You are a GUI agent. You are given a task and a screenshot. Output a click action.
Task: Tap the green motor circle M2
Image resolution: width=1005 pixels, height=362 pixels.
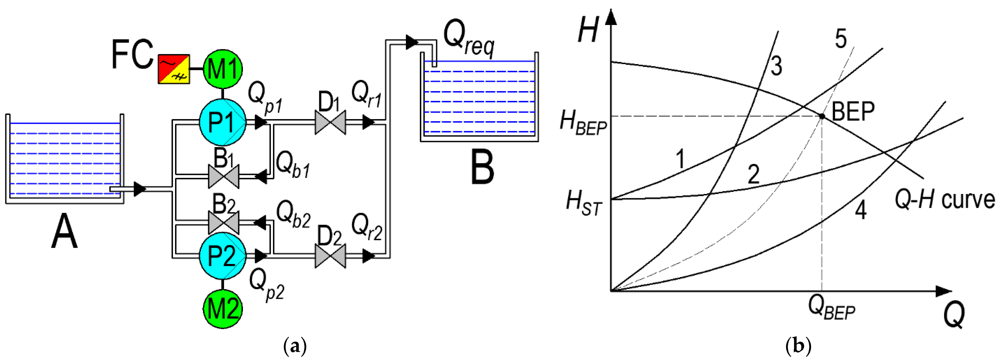[222, 309]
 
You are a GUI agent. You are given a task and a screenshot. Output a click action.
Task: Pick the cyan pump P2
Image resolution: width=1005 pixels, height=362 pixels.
[222, 256]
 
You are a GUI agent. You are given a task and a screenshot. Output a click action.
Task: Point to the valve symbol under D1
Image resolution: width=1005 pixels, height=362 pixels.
[330, 122]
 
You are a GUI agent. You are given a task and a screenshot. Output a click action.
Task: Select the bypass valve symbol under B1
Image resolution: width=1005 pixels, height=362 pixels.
[224, 176]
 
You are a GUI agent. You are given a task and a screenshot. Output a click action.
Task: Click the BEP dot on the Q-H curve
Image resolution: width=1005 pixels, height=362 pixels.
[822, 116]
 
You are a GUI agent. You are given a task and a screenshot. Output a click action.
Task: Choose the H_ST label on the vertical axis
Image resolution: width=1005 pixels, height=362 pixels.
[584, 204]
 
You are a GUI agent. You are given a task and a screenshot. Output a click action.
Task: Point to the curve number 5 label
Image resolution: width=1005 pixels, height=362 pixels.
[841, 39]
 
